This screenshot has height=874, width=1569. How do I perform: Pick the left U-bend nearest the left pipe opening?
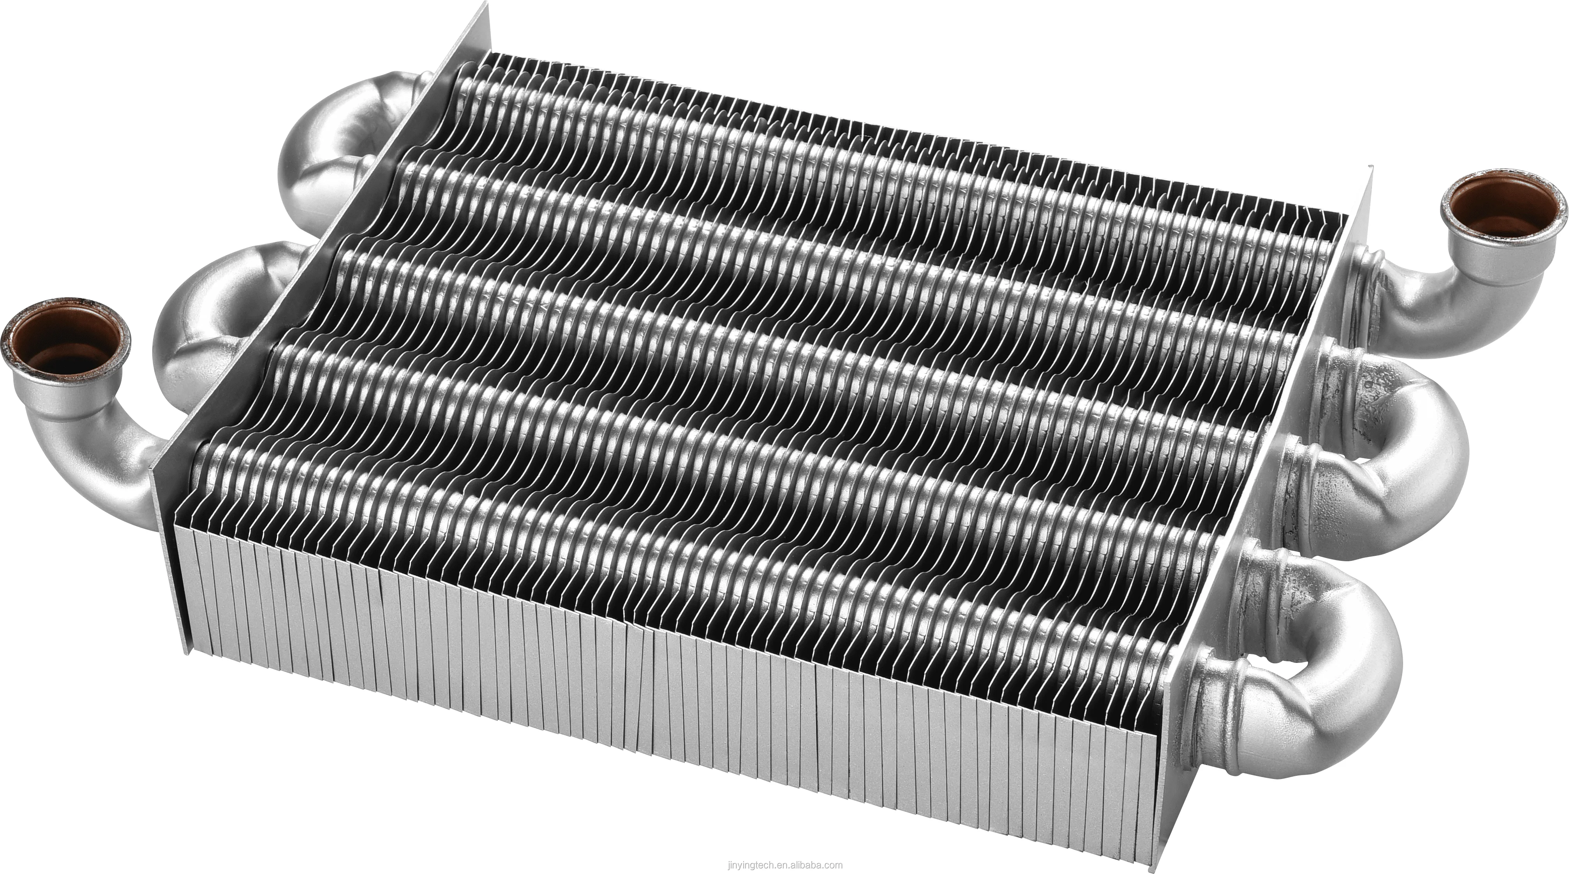[207, 341]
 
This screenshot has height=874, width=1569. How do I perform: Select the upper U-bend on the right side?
[1401, 451]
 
